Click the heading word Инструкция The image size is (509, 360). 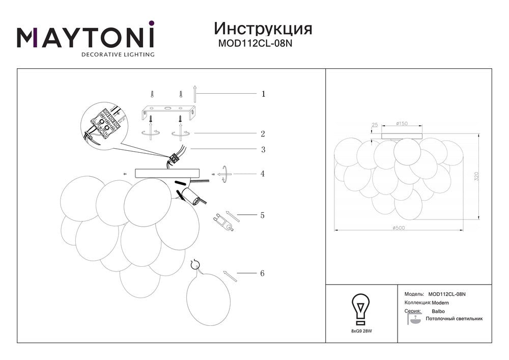(263, 29)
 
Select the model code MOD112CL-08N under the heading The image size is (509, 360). (255, 43)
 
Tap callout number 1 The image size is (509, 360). (263, 94)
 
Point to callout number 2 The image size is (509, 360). (263, 134)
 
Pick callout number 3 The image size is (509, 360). (263, 150)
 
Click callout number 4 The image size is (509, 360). (262, 174)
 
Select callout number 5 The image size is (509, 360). (262, 215)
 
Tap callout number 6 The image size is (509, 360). (262, 273)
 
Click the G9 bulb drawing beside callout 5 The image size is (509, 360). (223, 222)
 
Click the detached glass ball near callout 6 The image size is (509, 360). (208, 299)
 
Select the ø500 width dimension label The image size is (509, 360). (399, 228)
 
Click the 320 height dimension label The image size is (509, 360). (476, 176)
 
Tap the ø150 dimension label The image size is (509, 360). (402, 124)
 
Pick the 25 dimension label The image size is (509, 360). (375, 125)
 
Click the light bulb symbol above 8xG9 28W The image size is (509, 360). (361, 310)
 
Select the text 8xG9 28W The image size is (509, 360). (361, 331)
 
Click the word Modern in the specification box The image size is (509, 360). (440, 303)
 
